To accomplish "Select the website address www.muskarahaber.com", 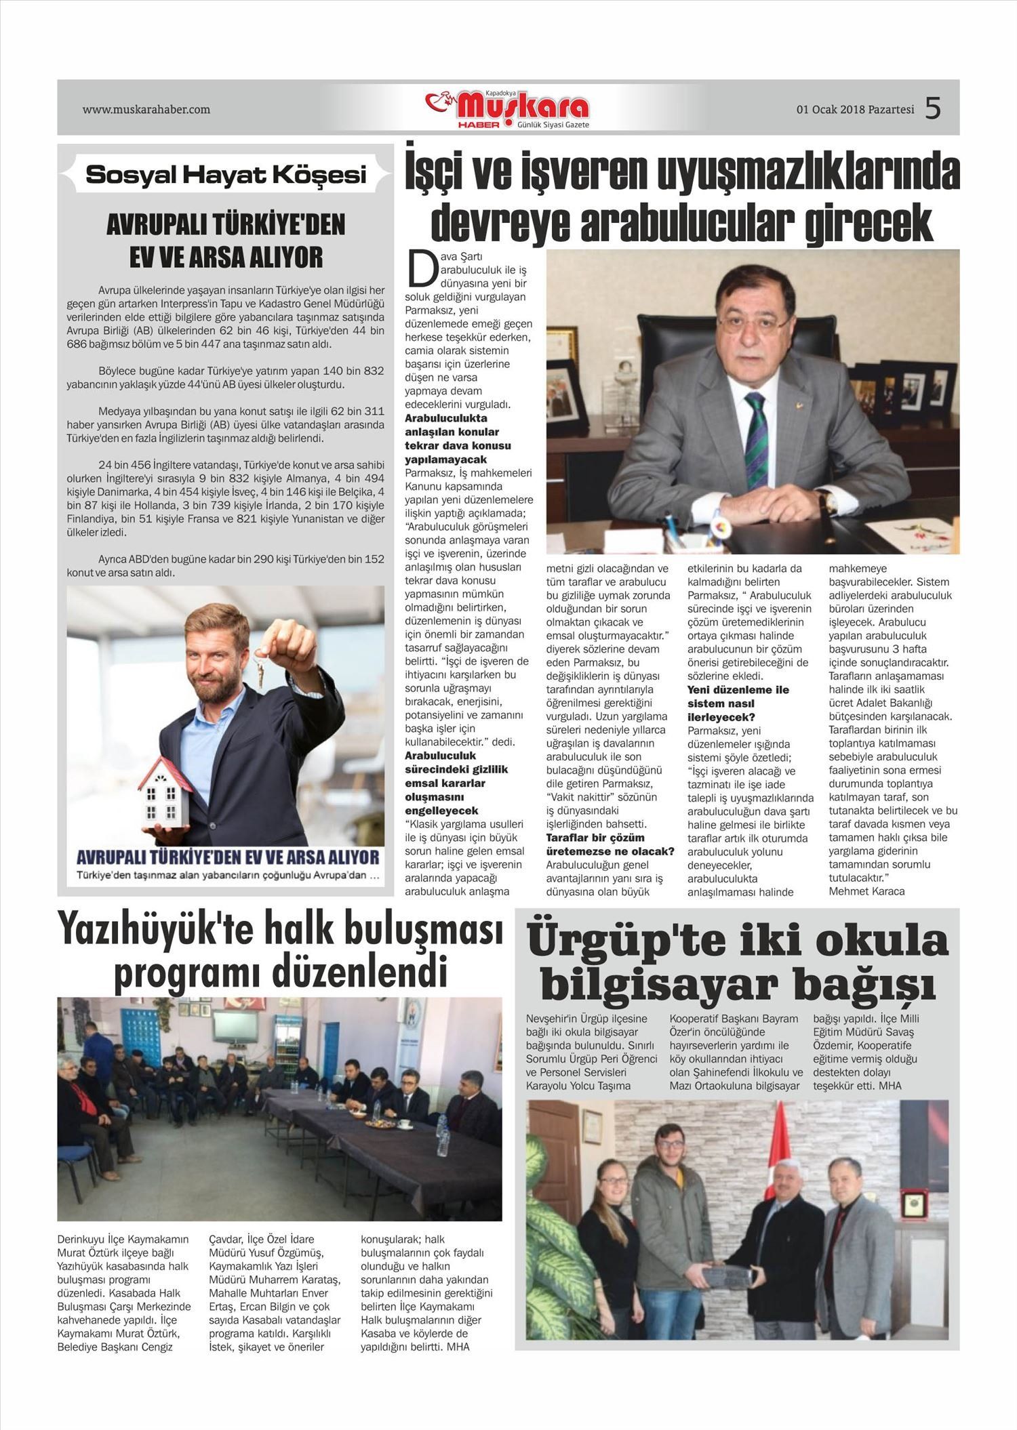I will click(x=146, y=109).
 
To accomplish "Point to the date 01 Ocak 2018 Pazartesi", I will click(x=855, y=110).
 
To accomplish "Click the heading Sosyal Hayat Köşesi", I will click(x=226, y=175).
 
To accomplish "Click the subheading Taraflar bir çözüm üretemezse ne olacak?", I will click(x=610, y=844).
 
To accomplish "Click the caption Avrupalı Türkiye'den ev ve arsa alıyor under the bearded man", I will click(x=228, y=857).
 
